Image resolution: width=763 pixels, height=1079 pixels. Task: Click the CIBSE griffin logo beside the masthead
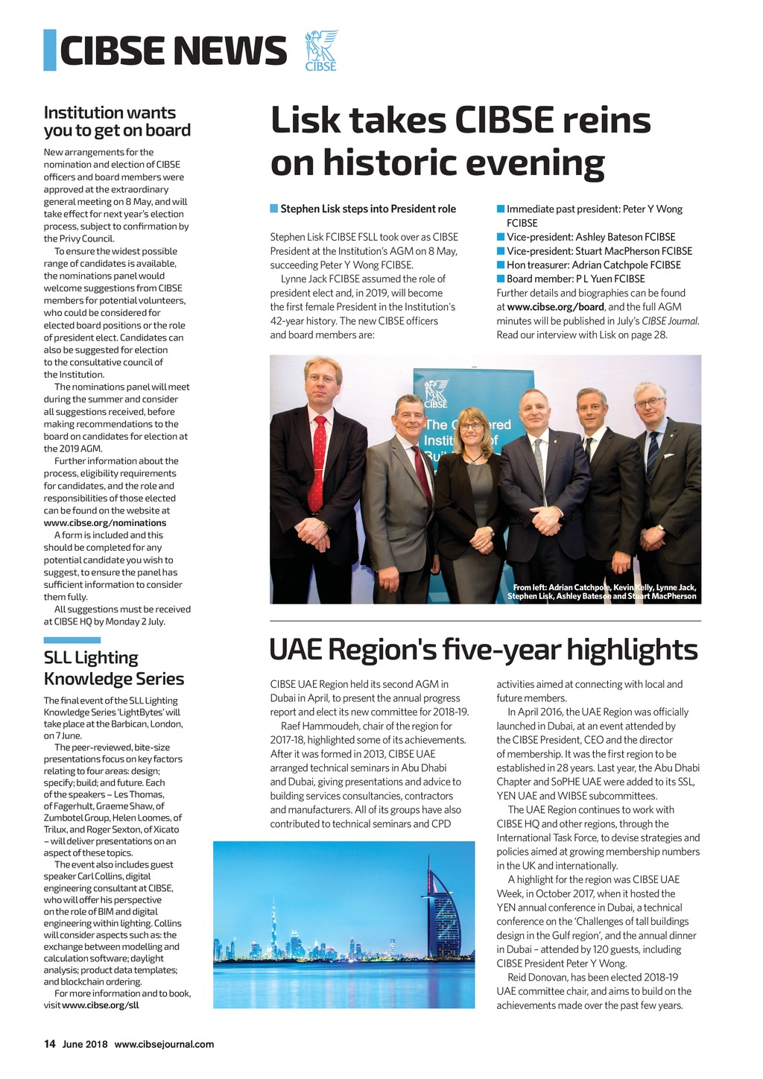click(x=321, y=50)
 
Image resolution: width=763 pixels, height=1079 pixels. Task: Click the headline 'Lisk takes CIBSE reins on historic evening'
click(x=460, y=142)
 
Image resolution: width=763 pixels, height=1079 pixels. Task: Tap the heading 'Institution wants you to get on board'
click(x=117, y=121)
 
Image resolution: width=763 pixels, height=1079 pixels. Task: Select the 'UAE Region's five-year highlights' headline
click(x=483, y=650)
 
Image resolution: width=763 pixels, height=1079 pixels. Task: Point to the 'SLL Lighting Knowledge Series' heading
click(x=113, y=668)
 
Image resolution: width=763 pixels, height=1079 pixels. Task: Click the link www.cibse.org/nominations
click(x=105, y=522)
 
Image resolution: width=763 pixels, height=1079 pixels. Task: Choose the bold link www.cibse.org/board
click(x=556, y=306)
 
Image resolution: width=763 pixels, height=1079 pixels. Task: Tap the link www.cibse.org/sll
click(x=101, y=1004)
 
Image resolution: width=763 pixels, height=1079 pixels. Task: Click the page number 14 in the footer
click(x=49, y=1044)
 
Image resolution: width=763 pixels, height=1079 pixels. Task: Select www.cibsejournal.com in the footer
click(x=164, y=1044)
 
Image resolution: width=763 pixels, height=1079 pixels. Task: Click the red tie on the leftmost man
click(x=318, y=462)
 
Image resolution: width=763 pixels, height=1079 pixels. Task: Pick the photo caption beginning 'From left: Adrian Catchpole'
click(x=602, y=592)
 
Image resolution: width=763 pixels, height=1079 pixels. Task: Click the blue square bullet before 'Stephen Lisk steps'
click(x=274, y=209)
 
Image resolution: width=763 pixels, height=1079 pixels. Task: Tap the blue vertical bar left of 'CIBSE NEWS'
click(x=50, y=50)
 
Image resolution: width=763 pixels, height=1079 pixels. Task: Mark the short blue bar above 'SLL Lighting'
click(x=72, y=639)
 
